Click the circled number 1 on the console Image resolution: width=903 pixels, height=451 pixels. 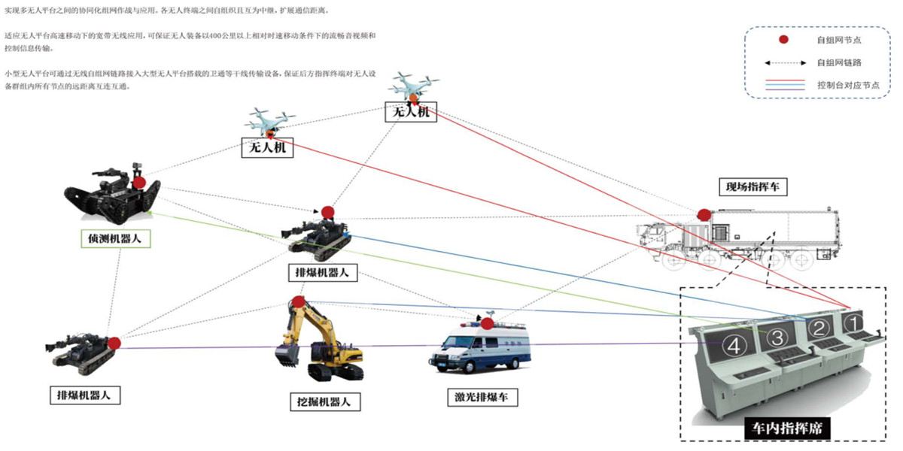[x=852, y=322]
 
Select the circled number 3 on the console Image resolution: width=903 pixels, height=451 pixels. [x=778, y=337]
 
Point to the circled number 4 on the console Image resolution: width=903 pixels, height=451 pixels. [x=734, y=346]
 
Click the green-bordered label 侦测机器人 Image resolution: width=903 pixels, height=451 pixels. [x=115, y=239]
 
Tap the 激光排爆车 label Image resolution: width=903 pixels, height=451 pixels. [x=482, y=397]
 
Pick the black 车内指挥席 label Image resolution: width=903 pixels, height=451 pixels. [x=786, y=429]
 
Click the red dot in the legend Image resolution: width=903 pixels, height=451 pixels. [x=783, y=39]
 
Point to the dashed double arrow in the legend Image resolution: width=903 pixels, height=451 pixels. [x=783, y=62]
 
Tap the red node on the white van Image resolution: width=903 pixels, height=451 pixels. [x=488, y=324]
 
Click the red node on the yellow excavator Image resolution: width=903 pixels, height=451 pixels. [x=299, y=302]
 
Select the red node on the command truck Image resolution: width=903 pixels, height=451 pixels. [x=704, y=215]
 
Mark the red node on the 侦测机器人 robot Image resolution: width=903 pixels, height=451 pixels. [x=139, y=183]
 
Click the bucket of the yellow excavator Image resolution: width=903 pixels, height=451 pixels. [x=285, y=352]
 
